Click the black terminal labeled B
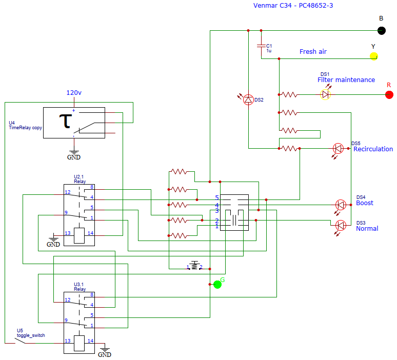point(381,30)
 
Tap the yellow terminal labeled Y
point(374,56)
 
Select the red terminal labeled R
point(389,94)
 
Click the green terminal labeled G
point(217,284)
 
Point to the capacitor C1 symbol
point(261,46)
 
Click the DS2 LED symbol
point(248,99)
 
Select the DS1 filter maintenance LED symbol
point(325,94)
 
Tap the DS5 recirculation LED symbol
point(338,149)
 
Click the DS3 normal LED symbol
point(340,225)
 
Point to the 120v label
point(73,93)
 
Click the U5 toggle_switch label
point(31,333)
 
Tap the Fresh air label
point(313,52)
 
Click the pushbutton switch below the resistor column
point(194,266)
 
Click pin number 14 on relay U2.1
point(90,233)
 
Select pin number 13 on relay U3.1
point(67,341)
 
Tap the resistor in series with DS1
point(289,94)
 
